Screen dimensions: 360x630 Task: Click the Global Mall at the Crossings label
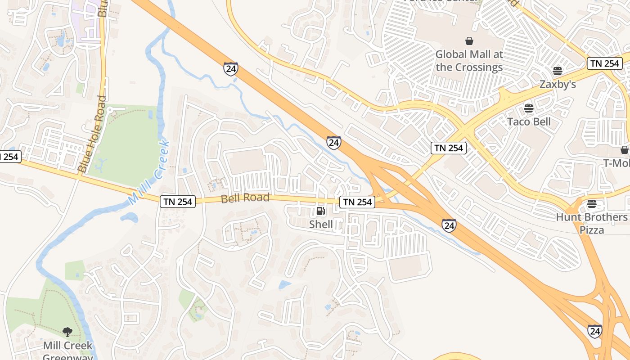469,61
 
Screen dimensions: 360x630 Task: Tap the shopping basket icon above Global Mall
469,41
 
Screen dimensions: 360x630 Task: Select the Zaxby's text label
558,84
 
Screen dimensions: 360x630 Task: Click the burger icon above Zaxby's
558,71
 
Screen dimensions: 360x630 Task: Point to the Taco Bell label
529,121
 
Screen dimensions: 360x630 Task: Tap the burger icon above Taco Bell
529,108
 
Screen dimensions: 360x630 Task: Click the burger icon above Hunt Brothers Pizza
591,204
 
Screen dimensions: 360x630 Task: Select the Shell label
321,224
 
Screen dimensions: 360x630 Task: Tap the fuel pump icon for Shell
320,211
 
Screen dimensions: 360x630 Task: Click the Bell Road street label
245,198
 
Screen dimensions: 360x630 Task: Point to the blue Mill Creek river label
148,173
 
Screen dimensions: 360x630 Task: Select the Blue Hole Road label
92,134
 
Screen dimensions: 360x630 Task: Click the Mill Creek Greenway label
68,349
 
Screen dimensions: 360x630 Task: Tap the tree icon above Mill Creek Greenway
67,332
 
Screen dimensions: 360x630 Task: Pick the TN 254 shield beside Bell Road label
178,202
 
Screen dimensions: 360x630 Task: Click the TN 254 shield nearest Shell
358,202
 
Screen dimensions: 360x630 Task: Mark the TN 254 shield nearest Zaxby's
605,63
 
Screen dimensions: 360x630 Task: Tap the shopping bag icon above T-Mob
624,150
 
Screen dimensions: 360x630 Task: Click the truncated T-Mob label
617,163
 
